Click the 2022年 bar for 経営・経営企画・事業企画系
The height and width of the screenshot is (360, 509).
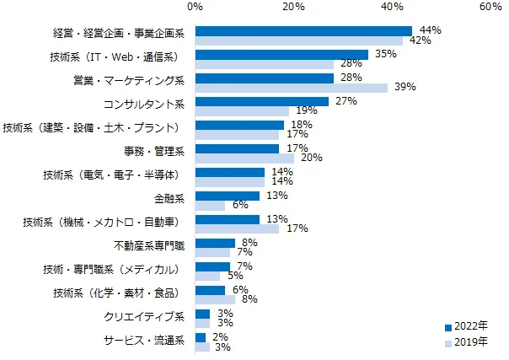point(303,31)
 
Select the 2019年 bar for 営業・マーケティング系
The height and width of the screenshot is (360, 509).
point(292,88)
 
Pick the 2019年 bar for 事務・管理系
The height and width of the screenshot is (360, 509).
point(244,158)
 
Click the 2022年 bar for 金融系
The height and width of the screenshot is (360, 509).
point(228,196)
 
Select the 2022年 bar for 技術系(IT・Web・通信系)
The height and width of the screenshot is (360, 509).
point(281,55)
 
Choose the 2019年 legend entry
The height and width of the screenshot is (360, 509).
point(465,341)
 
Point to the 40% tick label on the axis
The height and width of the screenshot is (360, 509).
point(392,8)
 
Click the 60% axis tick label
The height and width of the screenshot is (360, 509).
point(490,8)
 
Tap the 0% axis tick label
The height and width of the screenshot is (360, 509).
point(196,8)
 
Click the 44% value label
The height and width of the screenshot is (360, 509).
point(430,30)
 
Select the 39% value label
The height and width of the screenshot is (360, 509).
point(405,88)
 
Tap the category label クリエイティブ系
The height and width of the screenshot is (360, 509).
point(143,317)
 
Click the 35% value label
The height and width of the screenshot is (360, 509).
point(385,54)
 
